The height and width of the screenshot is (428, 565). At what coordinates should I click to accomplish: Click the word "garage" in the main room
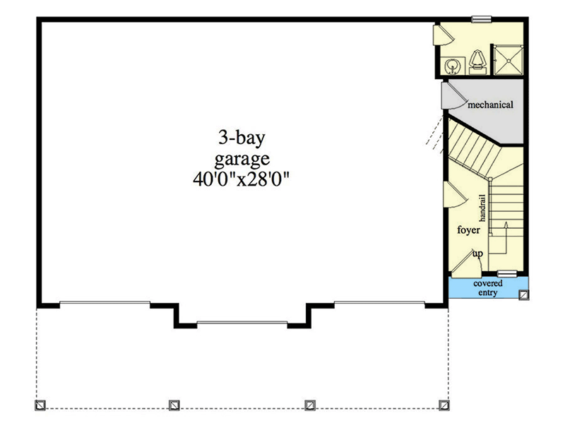coord(243,157)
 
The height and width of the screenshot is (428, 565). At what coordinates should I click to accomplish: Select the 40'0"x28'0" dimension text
coord(243,179)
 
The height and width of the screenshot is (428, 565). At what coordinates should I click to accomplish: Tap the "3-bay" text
coord(243,136)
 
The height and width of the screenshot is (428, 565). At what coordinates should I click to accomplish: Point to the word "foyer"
coord(468,230)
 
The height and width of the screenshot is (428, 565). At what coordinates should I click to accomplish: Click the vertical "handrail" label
coord(484,204)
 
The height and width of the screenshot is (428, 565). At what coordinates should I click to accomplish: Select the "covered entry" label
coord(489,287)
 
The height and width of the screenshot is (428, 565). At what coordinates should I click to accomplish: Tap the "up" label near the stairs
coord(477,254)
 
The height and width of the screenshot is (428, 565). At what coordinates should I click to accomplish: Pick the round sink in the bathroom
coord(453,66)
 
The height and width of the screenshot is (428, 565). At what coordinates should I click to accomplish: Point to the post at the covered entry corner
coord(523,295)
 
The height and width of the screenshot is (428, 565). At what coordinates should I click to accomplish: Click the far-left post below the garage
coord(40,405)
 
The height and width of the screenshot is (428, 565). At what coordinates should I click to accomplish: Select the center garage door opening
coord(242,323)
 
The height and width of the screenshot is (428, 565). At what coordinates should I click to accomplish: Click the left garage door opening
coord(105,304)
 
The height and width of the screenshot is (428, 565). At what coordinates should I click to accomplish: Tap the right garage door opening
coord(379,304)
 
